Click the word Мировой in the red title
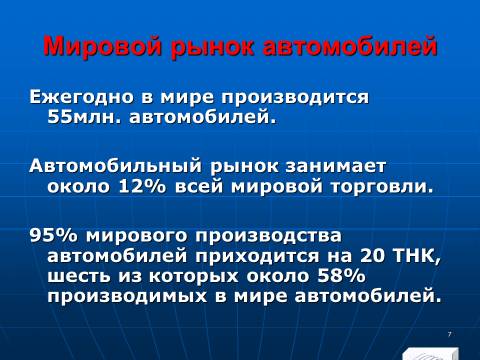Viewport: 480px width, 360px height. [x=103, y=46]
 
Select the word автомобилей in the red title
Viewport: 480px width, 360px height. [x=350, y=46]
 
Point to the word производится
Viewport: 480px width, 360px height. [x=295, y=98]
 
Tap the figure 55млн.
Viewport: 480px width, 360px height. [x=84, y=117]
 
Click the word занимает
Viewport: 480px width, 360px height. [x=336, y=166]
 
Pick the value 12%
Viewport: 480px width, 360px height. [x=142, y=186]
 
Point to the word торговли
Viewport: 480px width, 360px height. [x=382, y=186]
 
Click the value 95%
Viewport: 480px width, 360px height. [x=53, y=235]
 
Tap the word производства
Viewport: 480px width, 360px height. [x=268, y=236]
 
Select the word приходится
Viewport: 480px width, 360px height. [x=257, y=256]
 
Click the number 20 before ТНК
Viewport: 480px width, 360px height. [x=372, y=255]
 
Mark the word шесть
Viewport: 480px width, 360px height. [x=78, y=276]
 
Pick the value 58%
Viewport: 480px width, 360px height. [x=342, y=276]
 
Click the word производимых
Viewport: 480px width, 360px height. [x=127, y=297]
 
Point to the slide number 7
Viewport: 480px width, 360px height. [x=449, y=334]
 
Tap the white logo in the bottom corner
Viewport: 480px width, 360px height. [x=430, y=353]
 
